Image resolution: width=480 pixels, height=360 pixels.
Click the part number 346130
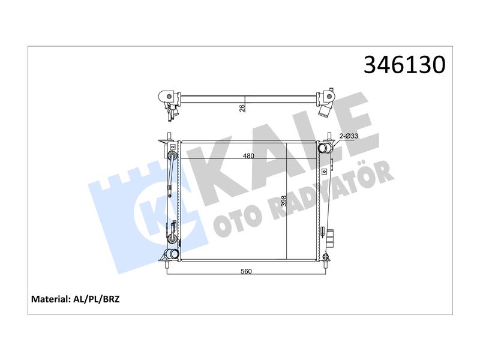(x=404, y=65)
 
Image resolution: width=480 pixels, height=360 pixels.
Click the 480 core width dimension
(x=248, y=156)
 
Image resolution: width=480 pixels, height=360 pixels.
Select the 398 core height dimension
(x=284, y=201)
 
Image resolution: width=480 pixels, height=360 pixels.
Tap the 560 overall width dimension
(x=246, y=271)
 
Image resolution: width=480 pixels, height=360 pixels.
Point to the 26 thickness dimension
(x=242, y=108)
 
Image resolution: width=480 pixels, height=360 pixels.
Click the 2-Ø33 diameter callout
(x=349, y=136)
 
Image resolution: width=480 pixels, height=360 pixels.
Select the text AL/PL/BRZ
(x=97, y=299)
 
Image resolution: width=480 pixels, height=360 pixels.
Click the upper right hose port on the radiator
(x=325, y=149)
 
